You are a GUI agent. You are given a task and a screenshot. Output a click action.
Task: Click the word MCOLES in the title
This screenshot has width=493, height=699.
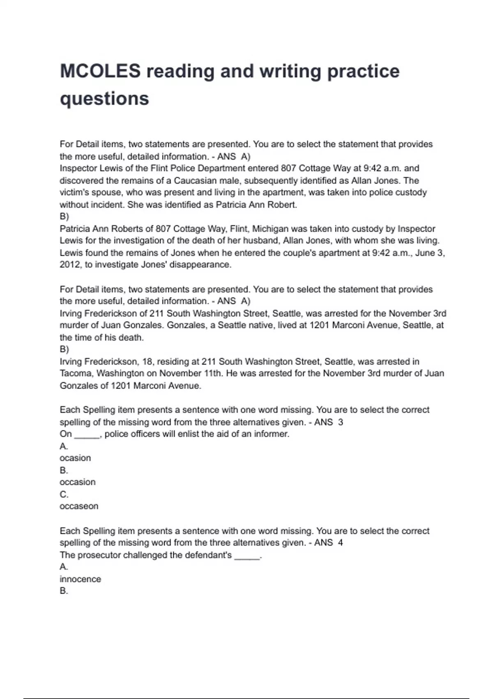pos(100,71)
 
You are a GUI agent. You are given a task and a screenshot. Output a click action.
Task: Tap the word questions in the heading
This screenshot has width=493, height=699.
pos(104,99)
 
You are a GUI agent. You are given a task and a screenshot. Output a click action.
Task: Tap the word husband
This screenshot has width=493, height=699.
pos(264,241)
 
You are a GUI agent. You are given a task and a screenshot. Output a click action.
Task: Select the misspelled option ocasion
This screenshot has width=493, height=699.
pos(75,458)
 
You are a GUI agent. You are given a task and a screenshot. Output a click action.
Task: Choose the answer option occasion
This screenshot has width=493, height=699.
pos(77,482)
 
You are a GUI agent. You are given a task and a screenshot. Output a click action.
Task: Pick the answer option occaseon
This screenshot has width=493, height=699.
pos(79,506)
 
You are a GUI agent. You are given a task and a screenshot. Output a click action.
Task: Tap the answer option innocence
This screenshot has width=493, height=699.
pos(80,579)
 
